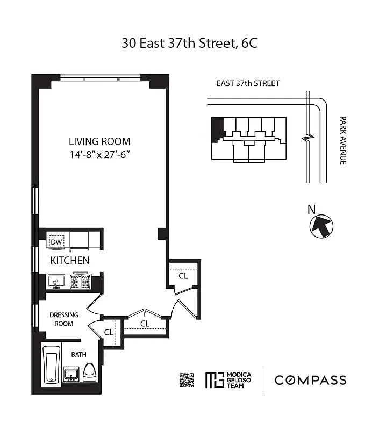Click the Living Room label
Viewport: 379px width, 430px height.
(99, 142)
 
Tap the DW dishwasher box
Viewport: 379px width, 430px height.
(56, 242)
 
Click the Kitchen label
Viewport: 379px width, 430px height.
(69, 261)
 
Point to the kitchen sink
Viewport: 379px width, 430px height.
(56, 281)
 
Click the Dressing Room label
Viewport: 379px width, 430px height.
(64, 319)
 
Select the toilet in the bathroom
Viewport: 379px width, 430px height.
(91, 371)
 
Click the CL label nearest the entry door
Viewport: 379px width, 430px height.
(183, 276)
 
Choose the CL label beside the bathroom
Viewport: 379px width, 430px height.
(109, 332)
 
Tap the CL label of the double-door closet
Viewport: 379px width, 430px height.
(145, 324)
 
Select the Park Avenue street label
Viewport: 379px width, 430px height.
(342, 140)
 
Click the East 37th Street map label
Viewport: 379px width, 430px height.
(248, 83)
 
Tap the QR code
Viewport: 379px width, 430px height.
(186, 380)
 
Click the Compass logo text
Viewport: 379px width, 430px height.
(311, 381)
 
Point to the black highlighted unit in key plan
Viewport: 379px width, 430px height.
(217, 129)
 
